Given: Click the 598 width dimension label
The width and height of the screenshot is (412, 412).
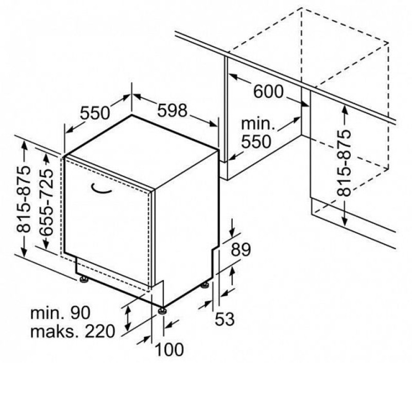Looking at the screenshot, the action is point(173,110).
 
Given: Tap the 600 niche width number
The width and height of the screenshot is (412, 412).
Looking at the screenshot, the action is point(268,92).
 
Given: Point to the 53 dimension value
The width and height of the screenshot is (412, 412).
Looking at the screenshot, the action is point(225,319).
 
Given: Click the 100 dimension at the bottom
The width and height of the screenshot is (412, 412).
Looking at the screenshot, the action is point(169,350).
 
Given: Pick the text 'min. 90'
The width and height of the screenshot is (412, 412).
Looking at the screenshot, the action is point(60,313).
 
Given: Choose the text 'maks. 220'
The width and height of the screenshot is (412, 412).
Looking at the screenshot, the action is point(73,331).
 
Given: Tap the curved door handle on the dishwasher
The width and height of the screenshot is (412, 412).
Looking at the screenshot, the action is point(101,188).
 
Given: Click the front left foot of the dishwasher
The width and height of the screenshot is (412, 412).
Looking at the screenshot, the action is point(84,279).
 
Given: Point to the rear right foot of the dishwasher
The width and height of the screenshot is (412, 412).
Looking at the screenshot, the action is point(204,285).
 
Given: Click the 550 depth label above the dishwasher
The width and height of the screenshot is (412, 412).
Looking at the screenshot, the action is point(95,113).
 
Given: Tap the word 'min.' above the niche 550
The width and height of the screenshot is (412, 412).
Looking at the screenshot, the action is point(258,124).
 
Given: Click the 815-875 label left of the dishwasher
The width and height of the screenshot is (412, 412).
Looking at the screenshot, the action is point(23,199).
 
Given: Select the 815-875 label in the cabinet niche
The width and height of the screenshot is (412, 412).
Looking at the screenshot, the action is point(344,163).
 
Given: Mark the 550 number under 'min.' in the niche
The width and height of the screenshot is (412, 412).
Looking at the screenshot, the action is point(256,142).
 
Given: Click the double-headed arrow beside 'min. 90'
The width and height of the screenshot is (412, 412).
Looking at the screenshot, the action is point(128,318).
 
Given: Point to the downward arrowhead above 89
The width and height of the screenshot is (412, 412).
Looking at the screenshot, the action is point(232,232).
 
